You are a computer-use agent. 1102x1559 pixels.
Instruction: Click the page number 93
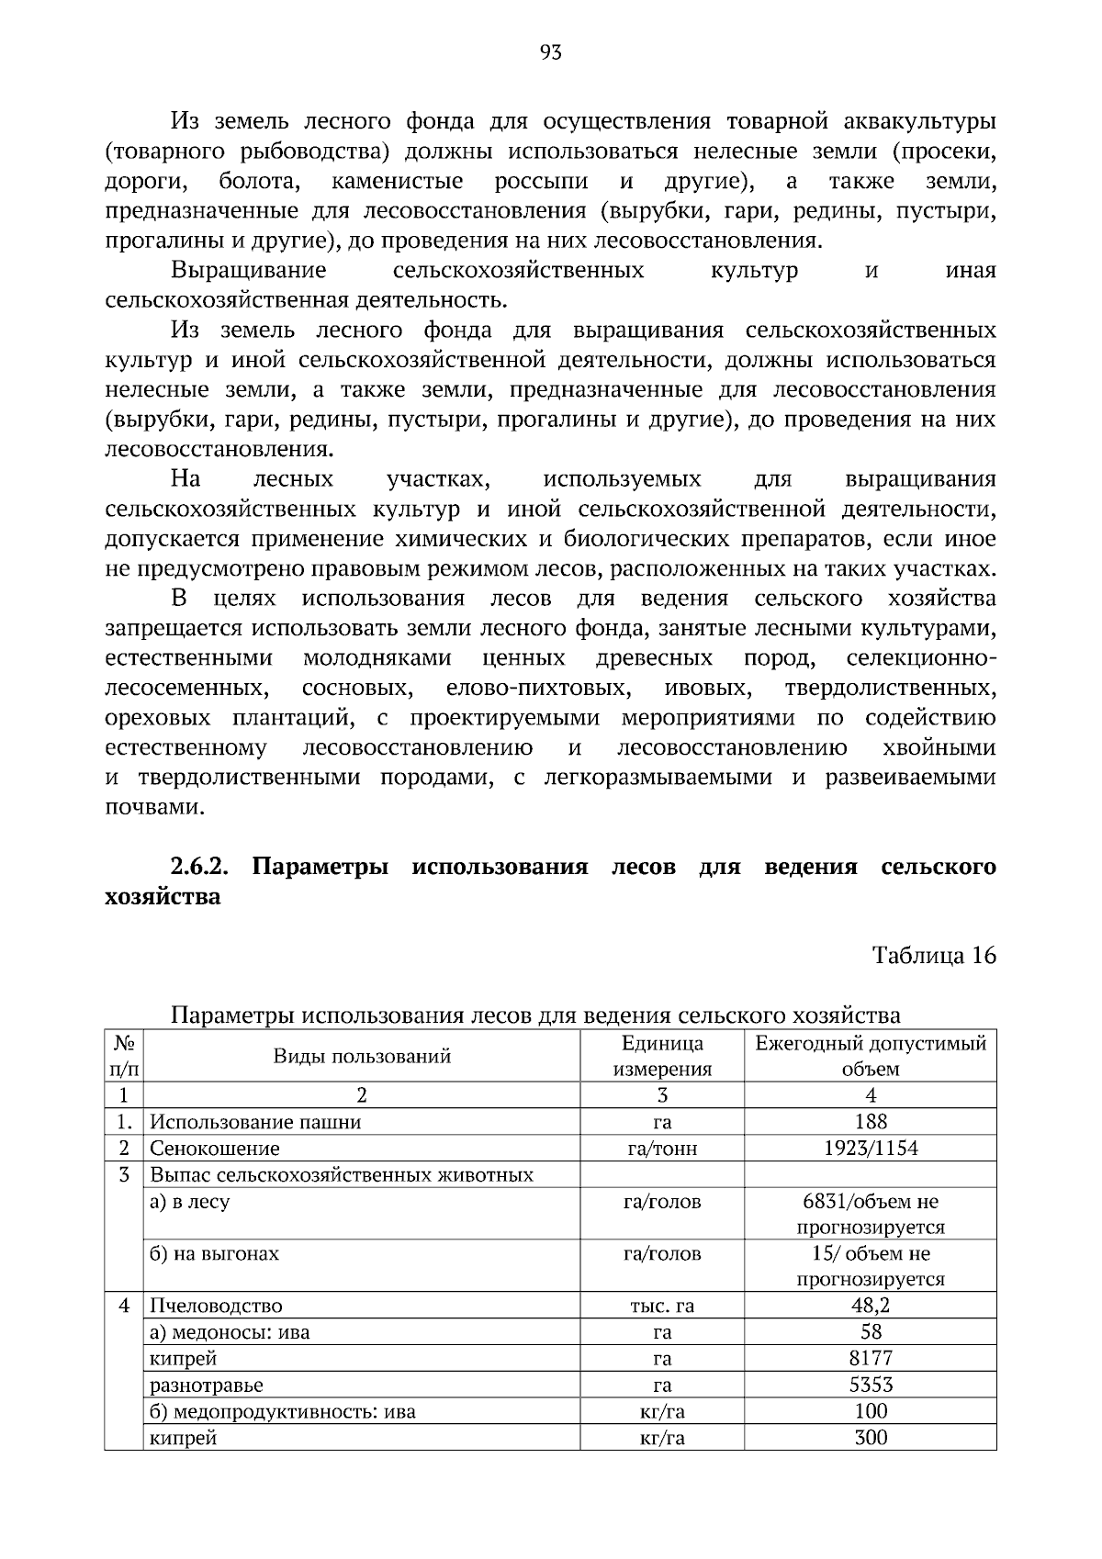click(550, 52)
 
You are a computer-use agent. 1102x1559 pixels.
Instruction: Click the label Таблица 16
click(933, 955)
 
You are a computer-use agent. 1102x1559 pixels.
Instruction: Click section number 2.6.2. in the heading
click(199, 867)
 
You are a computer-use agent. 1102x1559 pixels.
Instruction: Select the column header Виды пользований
click(362, 1056)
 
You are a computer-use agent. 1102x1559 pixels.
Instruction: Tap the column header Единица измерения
click(662, 1056)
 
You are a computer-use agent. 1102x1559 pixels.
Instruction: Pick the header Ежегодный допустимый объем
click(870, 1056)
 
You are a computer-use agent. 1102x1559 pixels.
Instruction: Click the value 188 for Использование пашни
click(870, 1121)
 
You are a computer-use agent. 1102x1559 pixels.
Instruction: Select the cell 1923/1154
click(870, 1148)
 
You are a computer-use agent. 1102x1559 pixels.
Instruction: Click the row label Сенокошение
click(215, 1148)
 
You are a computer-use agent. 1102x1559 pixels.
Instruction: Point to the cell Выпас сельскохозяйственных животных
click(342, 1174)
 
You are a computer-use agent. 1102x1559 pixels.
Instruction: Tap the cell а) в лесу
click(190, 1201)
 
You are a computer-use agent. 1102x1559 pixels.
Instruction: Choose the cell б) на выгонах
click(215, 1253)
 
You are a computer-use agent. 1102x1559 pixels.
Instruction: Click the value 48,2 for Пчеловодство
click(870, 1305)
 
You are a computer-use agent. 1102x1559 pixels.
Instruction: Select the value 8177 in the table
click(870, 1358)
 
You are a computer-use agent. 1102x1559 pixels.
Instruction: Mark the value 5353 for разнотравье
click(870, 1385)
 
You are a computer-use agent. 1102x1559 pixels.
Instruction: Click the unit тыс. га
click(662, 1306)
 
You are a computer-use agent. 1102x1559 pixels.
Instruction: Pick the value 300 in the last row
click(870, 1437)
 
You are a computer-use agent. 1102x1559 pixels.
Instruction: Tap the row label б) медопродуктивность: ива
click(283, 1411)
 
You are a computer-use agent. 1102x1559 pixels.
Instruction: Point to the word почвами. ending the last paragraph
click(153, 807)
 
